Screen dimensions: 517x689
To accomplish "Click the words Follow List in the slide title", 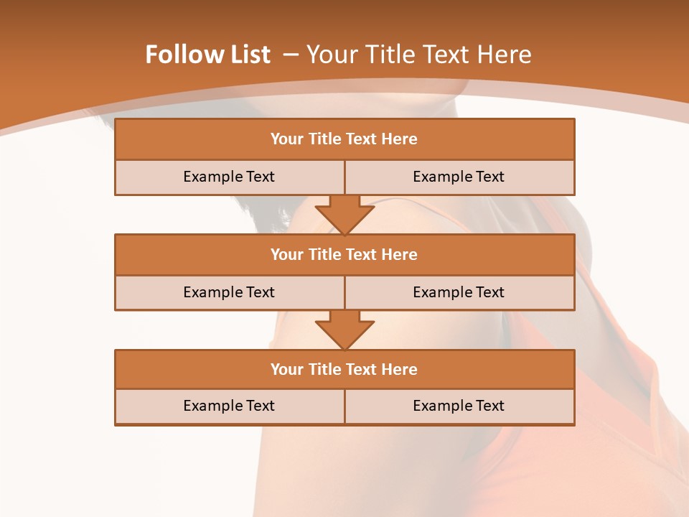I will pyautogui.click(x=207, y=55).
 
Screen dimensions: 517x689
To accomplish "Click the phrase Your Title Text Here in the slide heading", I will pyautogui.click(x=419, y=55).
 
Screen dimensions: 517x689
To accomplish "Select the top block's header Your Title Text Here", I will pyautogui.click(x=344, y=139).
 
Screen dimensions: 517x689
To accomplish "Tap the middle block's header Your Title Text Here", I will pyautogui.click(x=344, y=254).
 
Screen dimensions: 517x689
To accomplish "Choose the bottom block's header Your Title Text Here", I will pyautogui.click(x=344, y=369).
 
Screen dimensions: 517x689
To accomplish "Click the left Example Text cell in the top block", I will pyautogui.click(x=229, y=177).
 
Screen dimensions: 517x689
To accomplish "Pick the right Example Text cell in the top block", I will pyautogui.click(x=459, y=177).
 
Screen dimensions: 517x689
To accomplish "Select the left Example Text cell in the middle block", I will pyautogui.click(x=229, y=292).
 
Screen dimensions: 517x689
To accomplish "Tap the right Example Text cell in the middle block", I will pyautogui.click(x=459, y=292).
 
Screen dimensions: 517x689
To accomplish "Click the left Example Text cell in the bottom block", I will pyautogui.click(x=229, y=406).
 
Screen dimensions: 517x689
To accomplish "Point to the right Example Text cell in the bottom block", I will pyautogui.click(x=459, y=406).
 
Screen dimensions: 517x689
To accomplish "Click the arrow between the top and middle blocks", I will pyautogui.click(x=344, y=214).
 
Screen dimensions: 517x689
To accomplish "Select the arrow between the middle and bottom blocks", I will pyautogui.click(x=344, y=330).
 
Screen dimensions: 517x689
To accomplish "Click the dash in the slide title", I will pyautogui.click(x=291, y=55).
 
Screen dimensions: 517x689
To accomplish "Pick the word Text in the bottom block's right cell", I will pyautogui.click(x=489, y=406).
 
